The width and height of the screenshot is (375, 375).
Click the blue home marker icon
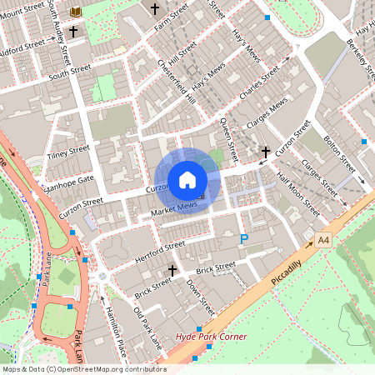pyautogui.click(x=187, y=179)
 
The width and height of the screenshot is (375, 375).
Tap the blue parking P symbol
pyautogui.click(x=244, y=239)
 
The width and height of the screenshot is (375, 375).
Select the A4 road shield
pyautogui.click(x=323, y=239)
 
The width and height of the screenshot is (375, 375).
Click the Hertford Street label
pyautogui.click(x=158, y=246)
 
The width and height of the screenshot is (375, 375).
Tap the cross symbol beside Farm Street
pyautogui.click(x=154, y=9)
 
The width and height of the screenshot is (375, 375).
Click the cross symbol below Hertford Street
pyautogui.click(x=173, y=270)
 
